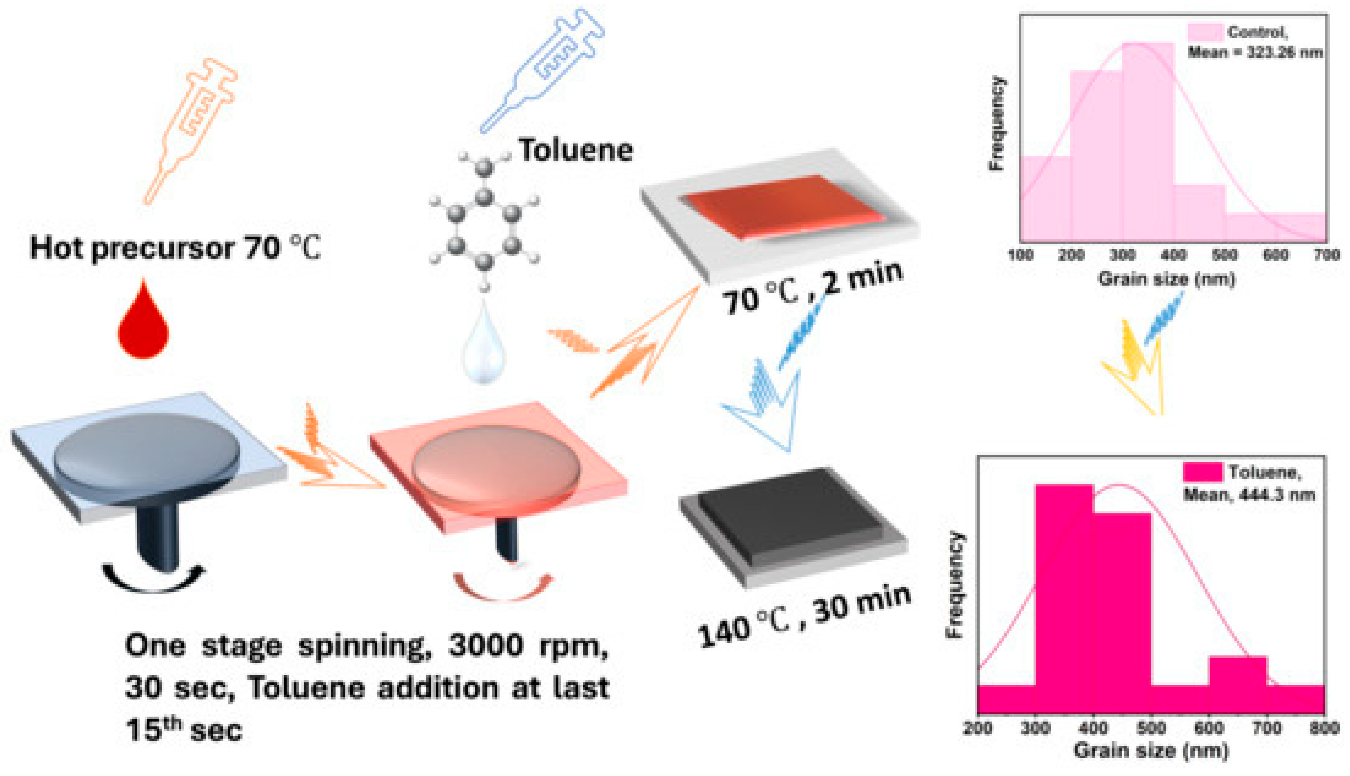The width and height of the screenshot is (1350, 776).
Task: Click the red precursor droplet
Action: [x=143, y=325]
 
